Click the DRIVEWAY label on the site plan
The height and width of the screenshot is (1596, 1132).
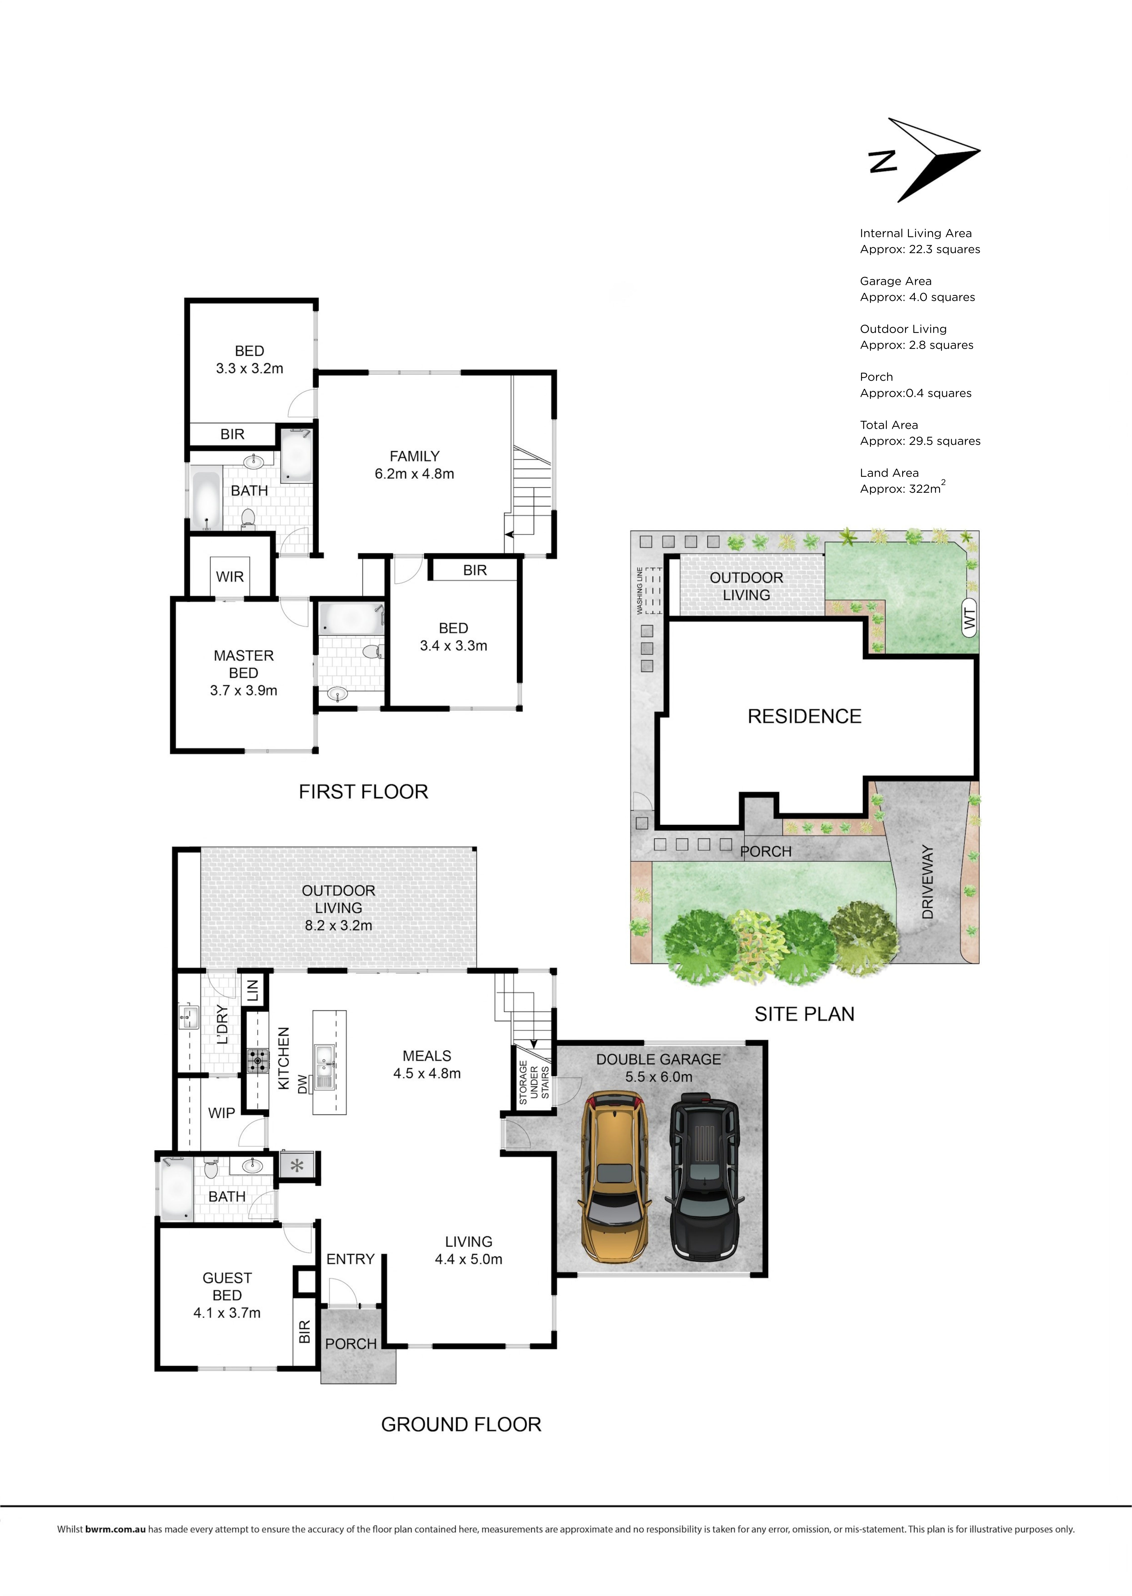[x=927, y=882]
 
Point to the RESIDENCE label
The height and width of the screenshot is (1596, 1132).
[x=804, y=716]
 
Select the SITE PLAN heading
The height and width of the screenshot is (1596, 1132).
[x=804, y=1014]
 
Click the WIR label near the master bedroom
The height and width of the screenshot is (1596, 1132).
[x=230, y=577]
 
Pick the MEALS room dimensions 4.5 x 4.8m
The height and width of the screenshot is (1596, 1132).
[x=427, y=1073]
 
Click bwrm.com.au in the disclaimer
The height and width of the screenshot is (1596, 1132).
[x=115, y=1529]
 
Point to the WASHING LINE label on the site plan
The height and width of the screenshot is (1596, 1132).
[x=639, y=591]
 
